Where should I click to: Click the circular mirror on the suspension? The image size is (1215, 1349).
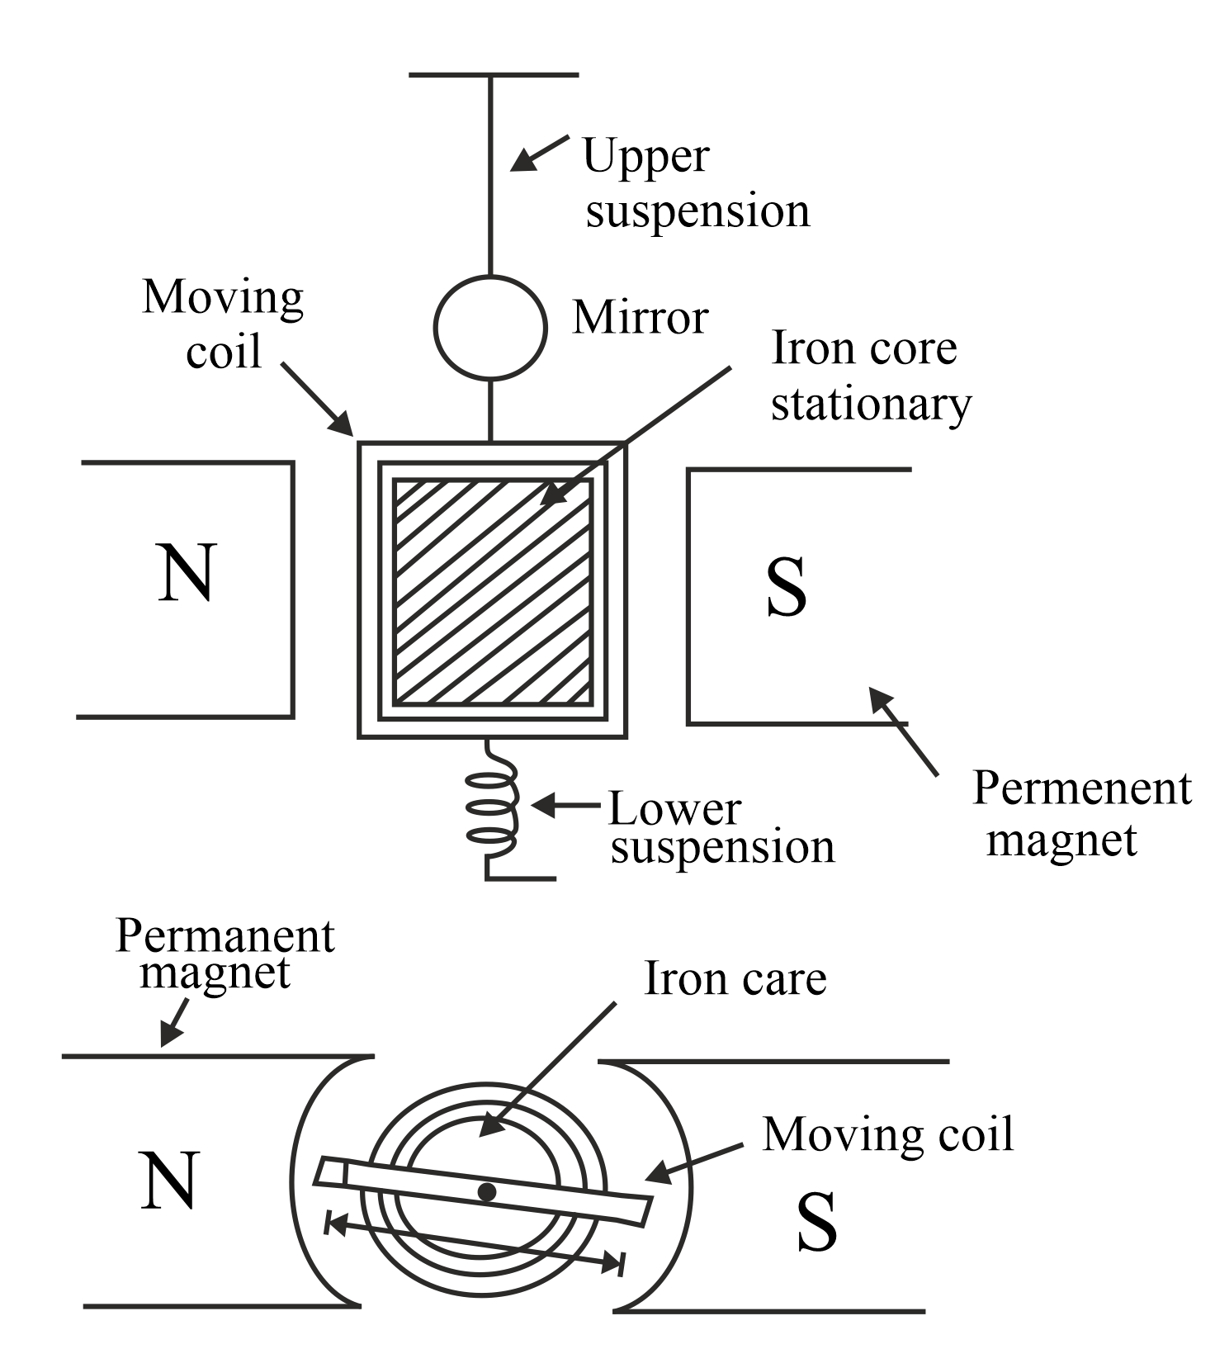[490, 327]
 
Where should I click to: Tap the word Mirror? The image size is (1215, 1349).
[641, 317]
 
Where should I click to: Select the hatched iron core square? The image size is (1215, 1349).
[493, 592]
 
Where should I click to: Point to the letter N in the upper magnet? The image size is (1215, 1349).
[186, 573]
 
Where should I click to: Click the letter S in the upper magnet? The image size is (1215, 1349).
[786, 588]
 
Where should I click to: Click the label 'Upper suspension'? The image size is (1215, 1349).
[695, 183]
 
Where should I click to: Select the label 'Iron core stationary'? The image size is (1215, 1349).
[870, 376]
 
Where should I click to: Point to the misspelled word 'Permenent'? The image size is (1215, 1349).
[1081, 788]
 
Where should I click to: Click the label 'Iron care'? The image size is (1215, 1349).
[735, 979]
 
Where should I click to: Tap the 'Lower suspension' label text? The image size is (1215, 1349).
[720, 829]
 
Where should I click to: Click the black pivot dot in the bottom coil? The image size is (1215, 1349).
[487, 1191]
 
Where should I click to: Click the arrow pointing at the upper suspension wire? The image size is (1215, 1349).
[538, 154]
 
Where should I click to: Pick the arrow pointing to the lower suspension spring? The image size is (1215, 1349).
[566, 805]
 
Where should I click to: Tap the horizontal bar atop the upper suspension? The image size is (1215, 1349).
[494, 75]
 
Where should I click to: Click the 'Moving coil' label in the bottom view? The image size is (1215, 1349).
[887, 1134]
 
